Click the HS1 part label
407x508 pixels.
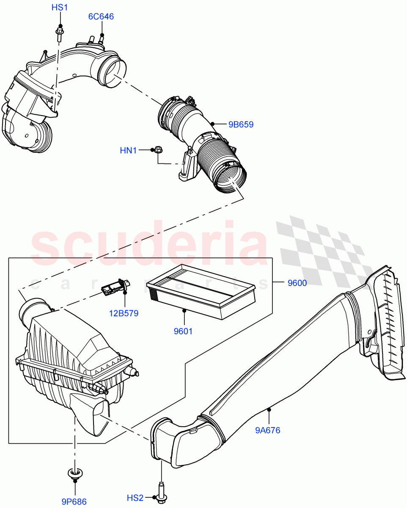click(x=59, y=8)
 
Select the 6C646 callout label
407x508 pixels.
click(x=101, y=17)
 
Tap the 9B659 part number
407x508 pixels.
click(x=241, y=124)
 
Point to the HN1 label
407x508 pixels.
click(x=128, y=150)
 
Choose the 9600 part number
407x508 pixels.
click(x=297, y=284)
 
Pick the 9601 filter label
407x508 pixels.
click(x=183, y=331)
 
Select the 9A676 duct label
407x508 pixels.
click(x=267, y=431)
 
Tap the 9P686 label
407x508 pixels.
click(x=74, y=502)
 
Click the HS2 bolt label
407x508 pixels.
click(x=135, y=498)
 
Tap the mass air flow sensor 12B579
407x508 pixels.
click(x=113, y=288)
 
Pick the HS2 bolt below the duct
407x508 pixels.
click(x=161, y=494)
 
